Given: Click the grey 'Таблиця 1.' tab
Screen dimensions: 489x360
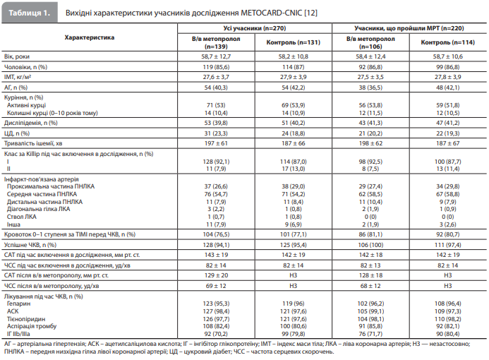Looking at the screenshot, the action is (x=30, y=13).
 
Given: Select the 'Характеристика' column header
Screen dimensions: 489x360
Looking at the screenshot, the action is (x=90, y=37).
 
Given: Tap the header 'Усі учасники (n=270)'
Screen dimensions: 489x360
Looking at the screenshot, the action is (x=255, y=28).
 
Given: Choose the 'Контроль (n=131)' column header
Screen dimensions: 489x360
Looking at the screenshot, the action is (x=293, y=42).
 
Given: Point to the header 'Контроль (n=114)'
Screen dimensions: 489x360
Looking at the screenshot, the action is (x=448, y=42).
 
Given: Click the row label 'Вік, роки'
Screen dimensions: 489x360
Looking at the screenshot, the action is (x=17, y=56).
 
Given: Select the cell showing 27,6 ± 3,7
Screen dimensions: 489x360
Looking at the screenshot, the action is (x=216, y=77).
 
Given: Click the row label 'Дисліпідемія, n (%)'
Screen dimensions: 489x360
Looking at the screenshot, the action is (x=31, y=123).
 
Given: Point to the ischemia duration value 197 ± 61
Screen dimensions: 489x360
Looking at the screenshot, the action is (x=216, y=143).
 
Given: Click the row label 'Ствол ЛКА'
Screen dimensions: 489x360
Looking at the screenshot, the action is (x=21, y=217).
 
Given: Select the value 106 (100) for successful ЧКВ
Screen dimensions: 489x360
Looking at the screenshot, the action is (x=370, y=245).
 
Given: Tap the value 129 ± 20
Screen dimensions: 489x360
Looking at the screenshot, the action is (x=216, y=275).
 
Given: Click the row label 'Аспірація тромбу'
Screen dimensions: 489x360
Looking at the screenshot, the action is (x=32, y=326).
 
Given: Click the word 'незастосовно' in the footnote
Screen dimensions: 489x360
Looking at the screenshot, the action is (x=449, y=344).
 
